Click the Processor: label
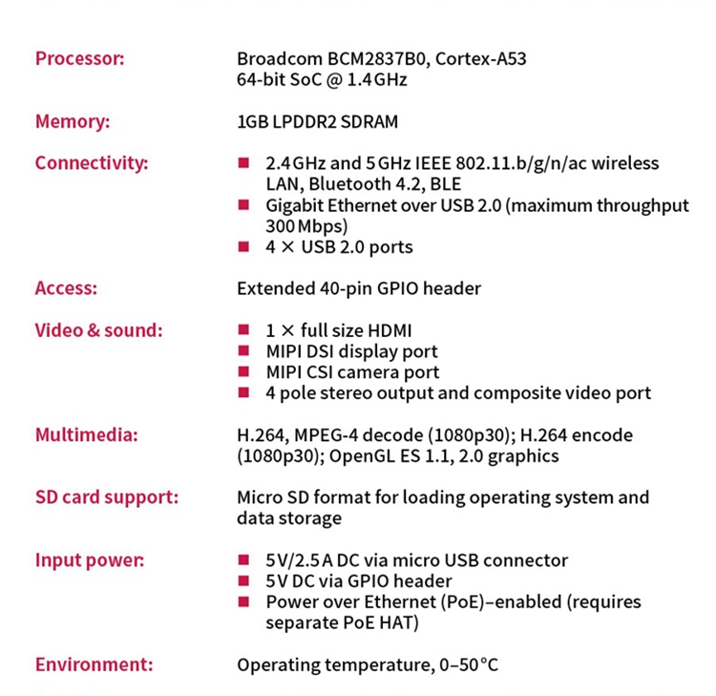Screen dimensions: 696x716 point(80,59)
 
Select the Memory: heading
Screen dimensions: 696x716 point(73,122)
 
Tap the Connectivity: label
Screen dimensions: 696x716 point(92,163)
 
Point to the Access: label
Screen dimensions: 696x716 point(66,288)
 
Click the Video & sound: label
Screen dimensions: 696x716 point(99,331)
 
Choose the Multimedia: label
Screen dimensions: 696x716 point(87,435)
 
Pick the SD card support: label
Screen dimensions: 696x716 point(107,497)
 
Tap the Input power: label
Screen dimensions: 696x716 point(90,560)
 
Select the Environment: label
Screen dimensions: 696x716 point(94,664)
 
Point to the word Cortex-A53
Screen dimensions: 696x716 point(483,59)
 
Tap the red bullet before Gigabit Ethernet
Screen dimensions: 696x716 point(243,205)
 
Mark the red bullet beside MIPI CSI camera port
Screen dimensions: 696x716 point(243,372)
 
